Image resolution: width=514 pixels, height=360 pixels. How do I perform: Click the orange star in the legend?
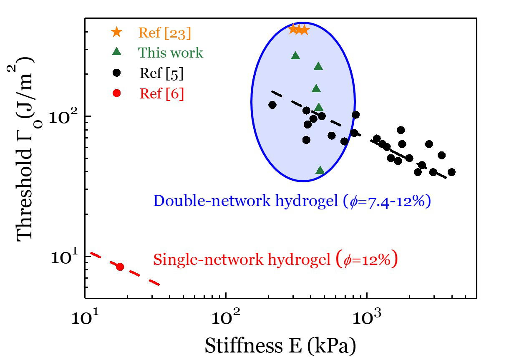[117, 32]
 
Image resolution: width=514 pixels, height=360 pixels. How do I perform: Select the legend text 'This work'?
[171, 53]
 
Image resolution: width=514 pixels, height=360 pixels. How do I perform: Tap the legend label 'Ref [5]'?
[161, 73]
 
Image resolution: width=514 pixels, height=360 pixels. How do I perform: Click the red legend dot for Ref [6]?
[117, 93]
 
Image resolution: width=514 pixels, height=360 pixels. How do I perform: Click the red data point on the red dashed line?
[120, 267]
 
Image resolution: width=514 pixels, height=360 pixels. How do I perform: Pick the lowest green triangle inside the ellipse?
[320, 170]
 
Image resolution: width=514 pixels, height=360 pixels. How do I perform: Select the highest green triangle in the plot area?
[295, 55]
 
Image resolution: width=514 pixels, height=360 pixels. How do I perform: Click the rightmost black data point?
[451, 172]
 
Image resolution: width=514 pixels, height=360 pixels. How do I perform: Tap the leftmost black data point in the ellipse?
[272, 105]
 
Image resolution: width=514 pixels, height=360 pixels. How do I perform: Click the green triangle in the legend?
[117, 52]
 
